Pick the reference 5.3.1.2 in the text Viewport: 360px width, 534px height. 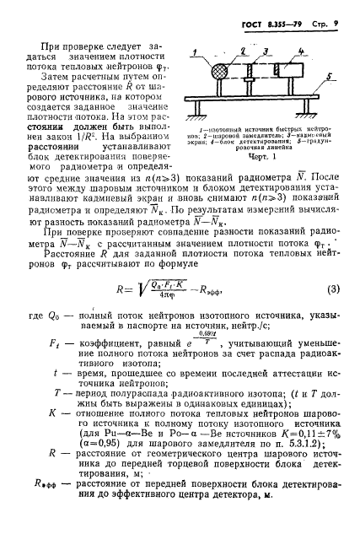tap(280, 477)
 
